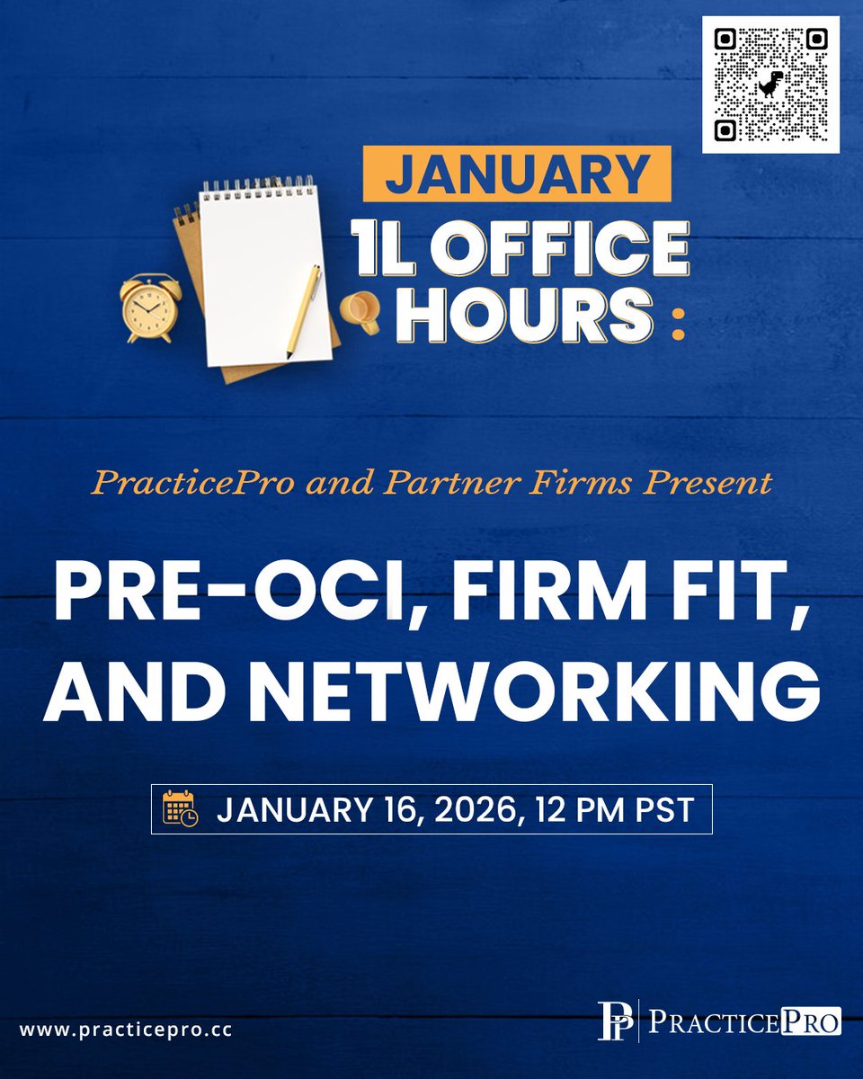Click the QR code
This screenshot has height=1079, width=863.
click(770, 85)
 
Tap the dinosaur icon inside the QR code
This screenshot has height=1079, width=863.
click(770, 84)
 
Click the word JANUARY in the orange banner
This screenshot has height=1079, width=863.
click(517, 174)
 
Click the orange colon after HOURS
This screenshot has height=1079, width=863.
click(677, 326)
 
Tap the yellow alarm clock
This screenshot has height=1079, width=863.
click(150, 308)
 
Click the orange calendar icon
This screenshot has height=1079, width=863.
click(181, 808)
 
